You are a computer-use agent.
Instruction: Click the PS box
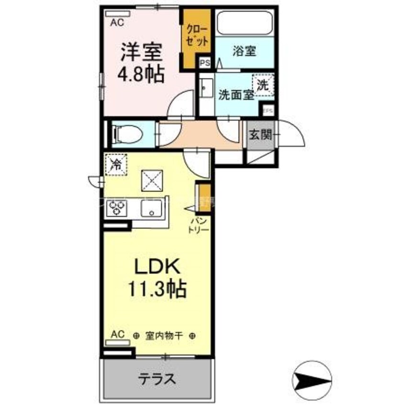205,62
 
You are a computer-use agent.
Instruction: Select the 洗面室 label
236,94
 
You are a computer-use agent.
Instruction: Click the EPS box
269,111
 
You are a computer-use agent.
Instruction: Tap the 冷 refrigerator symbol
116,164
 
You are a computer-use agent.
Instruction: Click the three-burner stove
117,208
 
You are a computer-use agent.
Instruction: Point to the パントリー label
201,225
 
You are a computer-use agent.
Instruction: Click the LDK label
153,266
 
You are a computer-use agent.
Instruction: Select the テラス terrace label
156,379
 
